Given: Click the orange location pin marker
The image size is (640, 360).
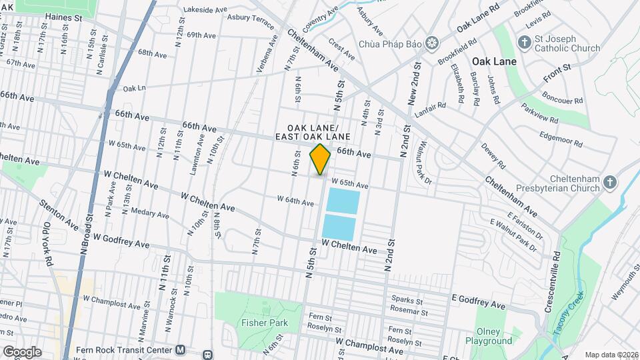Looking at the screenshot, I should [321, 159].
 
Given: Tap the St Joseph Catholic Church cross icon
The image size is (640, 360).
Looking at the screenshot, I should [525, 43].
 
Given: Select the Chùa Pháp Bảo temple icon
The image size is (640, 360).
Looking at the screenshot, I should [433, 43].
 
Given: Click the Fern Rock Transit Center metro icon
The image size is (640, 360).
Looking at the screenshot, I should [181, 350].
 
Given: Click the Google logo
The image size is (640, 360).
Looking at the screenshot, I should [21, 351].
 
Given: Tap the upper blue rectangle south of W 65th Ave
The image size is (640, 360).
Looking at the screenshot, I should [341, 201].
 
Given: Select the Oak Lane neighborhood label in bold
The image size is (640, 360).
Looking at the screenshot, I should [494, 61].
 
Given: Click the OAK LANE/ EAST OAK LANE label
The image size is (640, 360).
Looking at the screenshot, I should [313, 132].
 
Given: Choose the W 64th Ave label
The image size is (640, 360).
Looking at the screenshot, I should [295, 200].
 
